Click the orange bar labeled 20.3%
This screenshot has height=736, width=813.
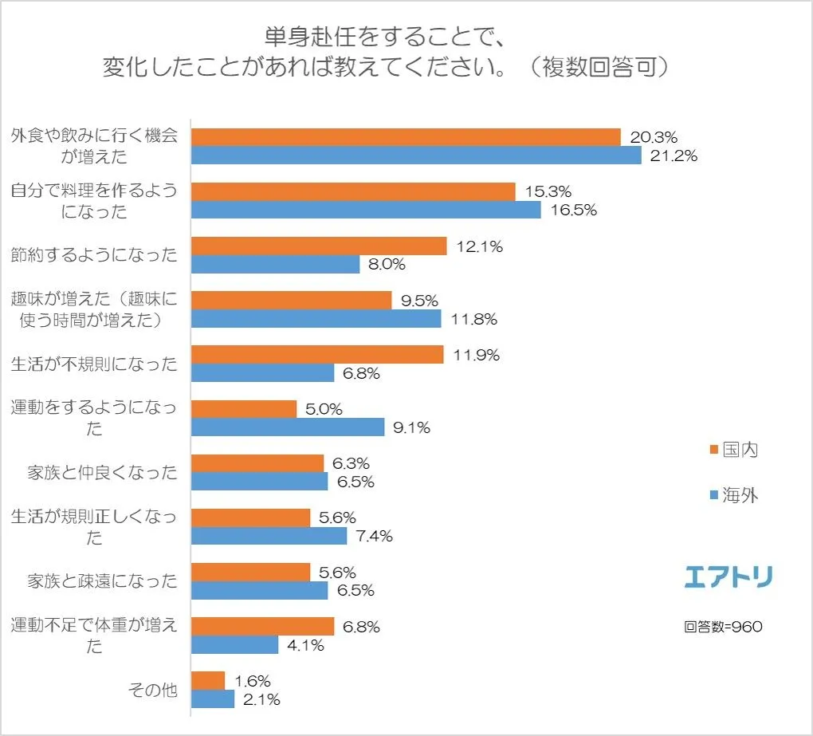406,137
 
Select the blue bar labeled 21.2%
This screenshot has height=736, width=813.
416,155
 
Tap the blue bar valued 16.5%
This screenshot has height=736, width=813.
366,210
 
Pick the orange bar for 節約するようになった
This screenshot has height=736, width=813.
319,246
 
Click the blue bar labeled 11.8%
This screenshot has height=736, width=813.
316,319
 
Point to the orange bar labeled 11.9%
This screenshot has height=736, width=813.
317,355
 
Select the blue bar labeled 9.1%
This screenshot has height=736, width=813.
288,427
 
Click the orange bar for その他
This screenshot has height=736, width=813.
208,681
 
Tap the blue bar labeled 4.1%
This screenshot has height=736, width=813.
235,645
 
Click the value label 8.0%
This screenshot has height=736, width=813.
387,265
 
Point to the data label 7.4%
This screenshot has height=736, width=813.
374,536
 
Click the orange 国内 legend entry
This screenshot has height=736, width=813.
733,450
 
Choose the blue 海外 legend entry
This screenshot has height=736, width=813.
733,496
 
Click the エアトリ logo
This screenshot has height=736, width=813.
728,576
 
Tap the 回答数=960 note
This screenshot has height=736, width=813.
723,626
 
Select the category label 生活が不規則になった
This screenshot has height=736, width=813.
94,364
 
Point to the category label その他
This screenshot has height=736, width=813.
152,690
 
